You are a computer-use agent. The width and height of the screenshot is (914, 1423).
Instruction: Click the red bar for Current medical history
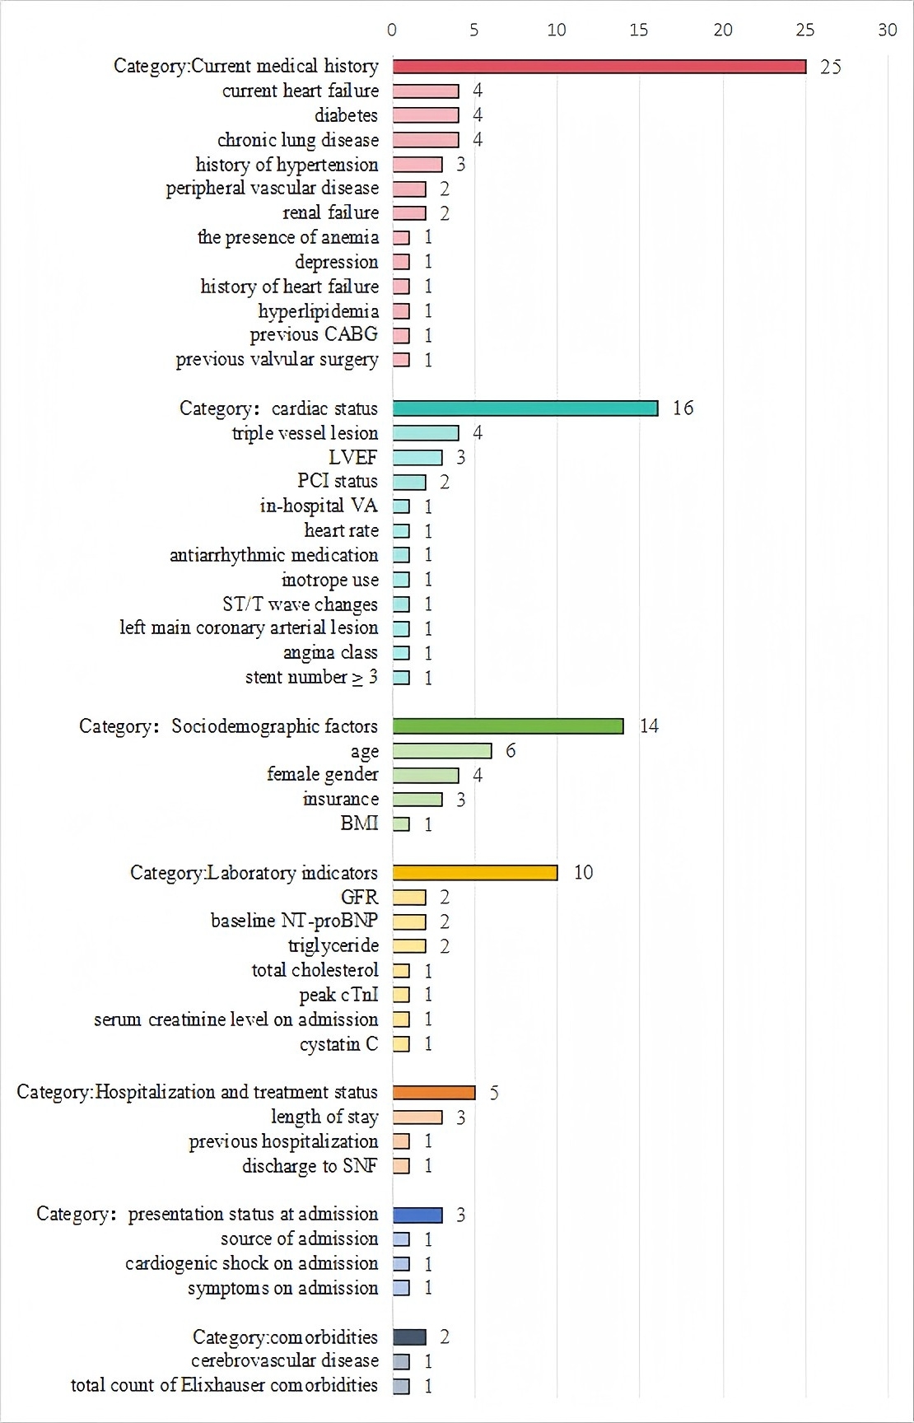[x=599, y=67]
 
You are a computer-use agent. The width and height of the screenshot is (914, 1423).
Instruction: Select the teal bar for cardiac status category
[x=525, y=408]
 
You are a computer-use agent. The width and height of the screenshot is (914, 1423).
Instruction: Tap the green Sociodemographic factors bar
[x=507, y=726]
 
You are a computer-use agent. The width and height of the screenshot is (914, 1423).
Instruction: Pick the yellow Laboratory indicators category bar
[x=474, y=873]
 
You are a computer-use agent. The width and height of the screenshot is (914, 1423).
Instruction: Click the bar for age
[x=441, y=751]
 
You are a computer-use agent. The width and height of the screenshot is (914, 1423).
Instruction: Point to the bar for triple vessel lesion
[x=425, y=433]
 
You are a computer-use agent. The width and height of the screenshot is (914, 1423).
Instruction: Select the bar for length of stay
[x=417, y=1117]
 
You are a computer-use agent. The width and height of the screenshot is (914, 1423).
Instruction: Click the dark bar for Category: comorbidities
[x=408, y=1337]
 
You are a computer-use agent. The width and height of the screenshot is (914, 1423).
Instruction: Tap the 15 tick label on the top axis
[x=639, y=30]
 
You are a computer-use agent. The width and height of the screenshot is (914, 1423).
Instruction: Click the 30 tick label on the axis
[x=887, y=30]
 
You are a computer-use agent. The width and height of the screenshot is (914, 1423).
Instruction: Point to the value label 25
[x=830, y=68]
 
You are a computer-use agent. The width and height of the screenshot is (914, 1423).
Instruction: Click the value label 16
[x=683, y=408]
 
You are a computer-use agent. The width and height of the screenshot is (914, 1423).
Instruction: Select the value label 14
[x=649, y=726]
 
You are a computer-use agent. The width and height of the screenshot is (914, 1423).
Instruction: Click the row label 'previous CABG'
[x=314, y=335]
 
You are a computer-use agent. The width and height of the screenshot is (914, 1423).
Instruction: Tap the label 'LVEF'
[x=353, y=458]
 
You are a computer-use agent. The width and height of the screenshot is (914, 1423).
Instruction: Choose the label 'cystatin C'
[x=338, y=1044]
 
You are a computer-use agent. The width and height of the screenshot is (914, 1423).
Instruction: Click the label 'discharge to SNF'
[x=310, y=1166]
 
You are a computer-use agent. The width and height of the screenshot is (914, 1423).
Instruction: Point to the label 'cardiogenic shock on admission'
[x=251, y=1263]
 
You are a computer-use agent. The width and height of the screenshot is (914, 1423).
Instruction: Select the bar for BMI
[x=401, y=824]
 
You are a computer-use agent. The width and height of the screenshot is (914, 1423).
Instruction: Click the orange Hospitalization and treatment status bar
[x=433, y=1093]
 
